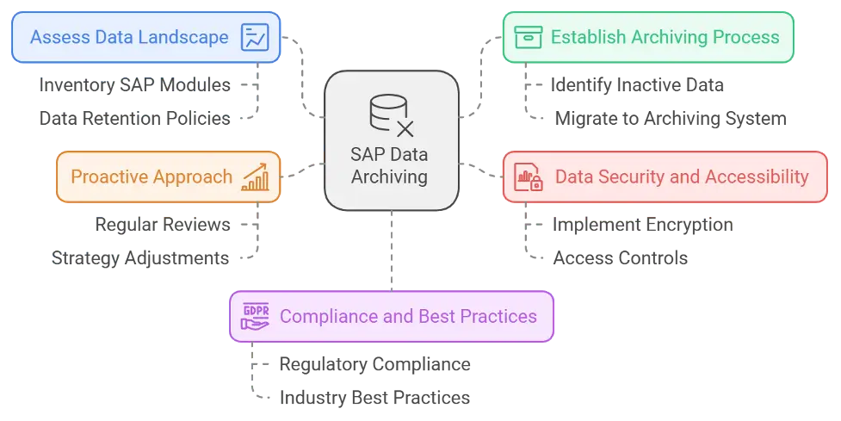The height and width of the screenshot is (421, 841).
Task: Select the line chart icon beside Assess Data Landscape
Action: click(255, 38)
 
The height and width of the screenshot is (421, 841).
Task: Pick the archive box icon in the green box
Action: click(528, 38)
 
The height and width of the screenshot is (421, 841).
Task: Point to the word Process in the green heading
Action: click(748, 38)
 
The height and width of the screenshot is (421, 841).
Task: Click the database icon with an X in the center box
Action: click(390, 115)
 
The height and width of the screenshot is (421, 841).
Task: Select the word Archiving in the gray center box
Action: click(390, 177)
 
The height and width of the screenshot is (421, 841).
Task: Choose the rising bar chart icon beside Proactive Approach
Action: click(255, 178)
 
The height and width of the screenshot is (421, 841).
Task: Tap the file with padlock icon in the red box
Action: click(528, 178)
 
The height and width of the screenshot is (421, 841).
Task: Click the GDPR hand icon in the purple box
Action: click(256, 317)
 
